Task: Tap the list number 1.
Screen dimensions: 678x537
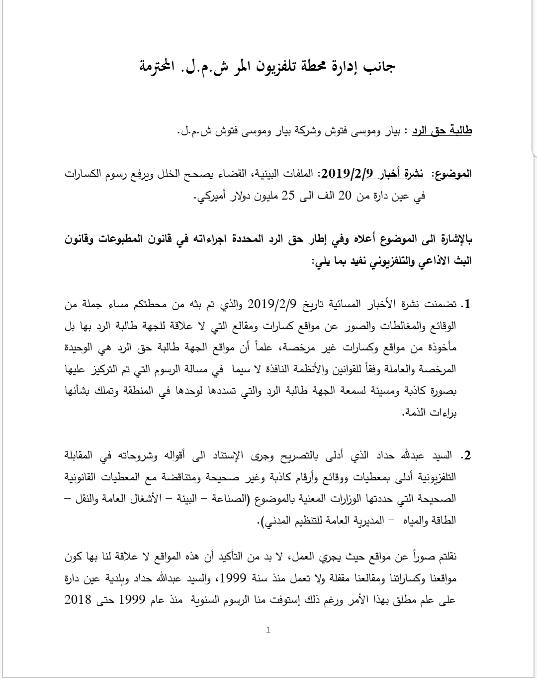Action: (466, 304)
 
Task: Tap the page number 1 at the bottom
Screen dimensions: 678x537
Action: (268, 630)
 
